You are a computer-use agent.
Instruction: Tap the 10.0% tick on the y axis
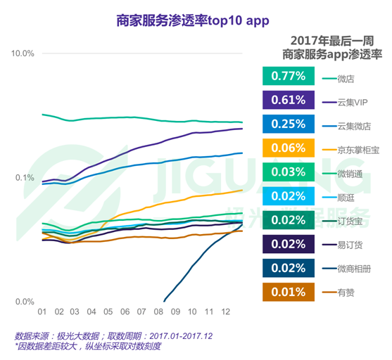[x=21, y=53]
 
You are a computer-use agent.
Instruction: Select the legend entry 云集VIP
[x=353, y=101]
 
